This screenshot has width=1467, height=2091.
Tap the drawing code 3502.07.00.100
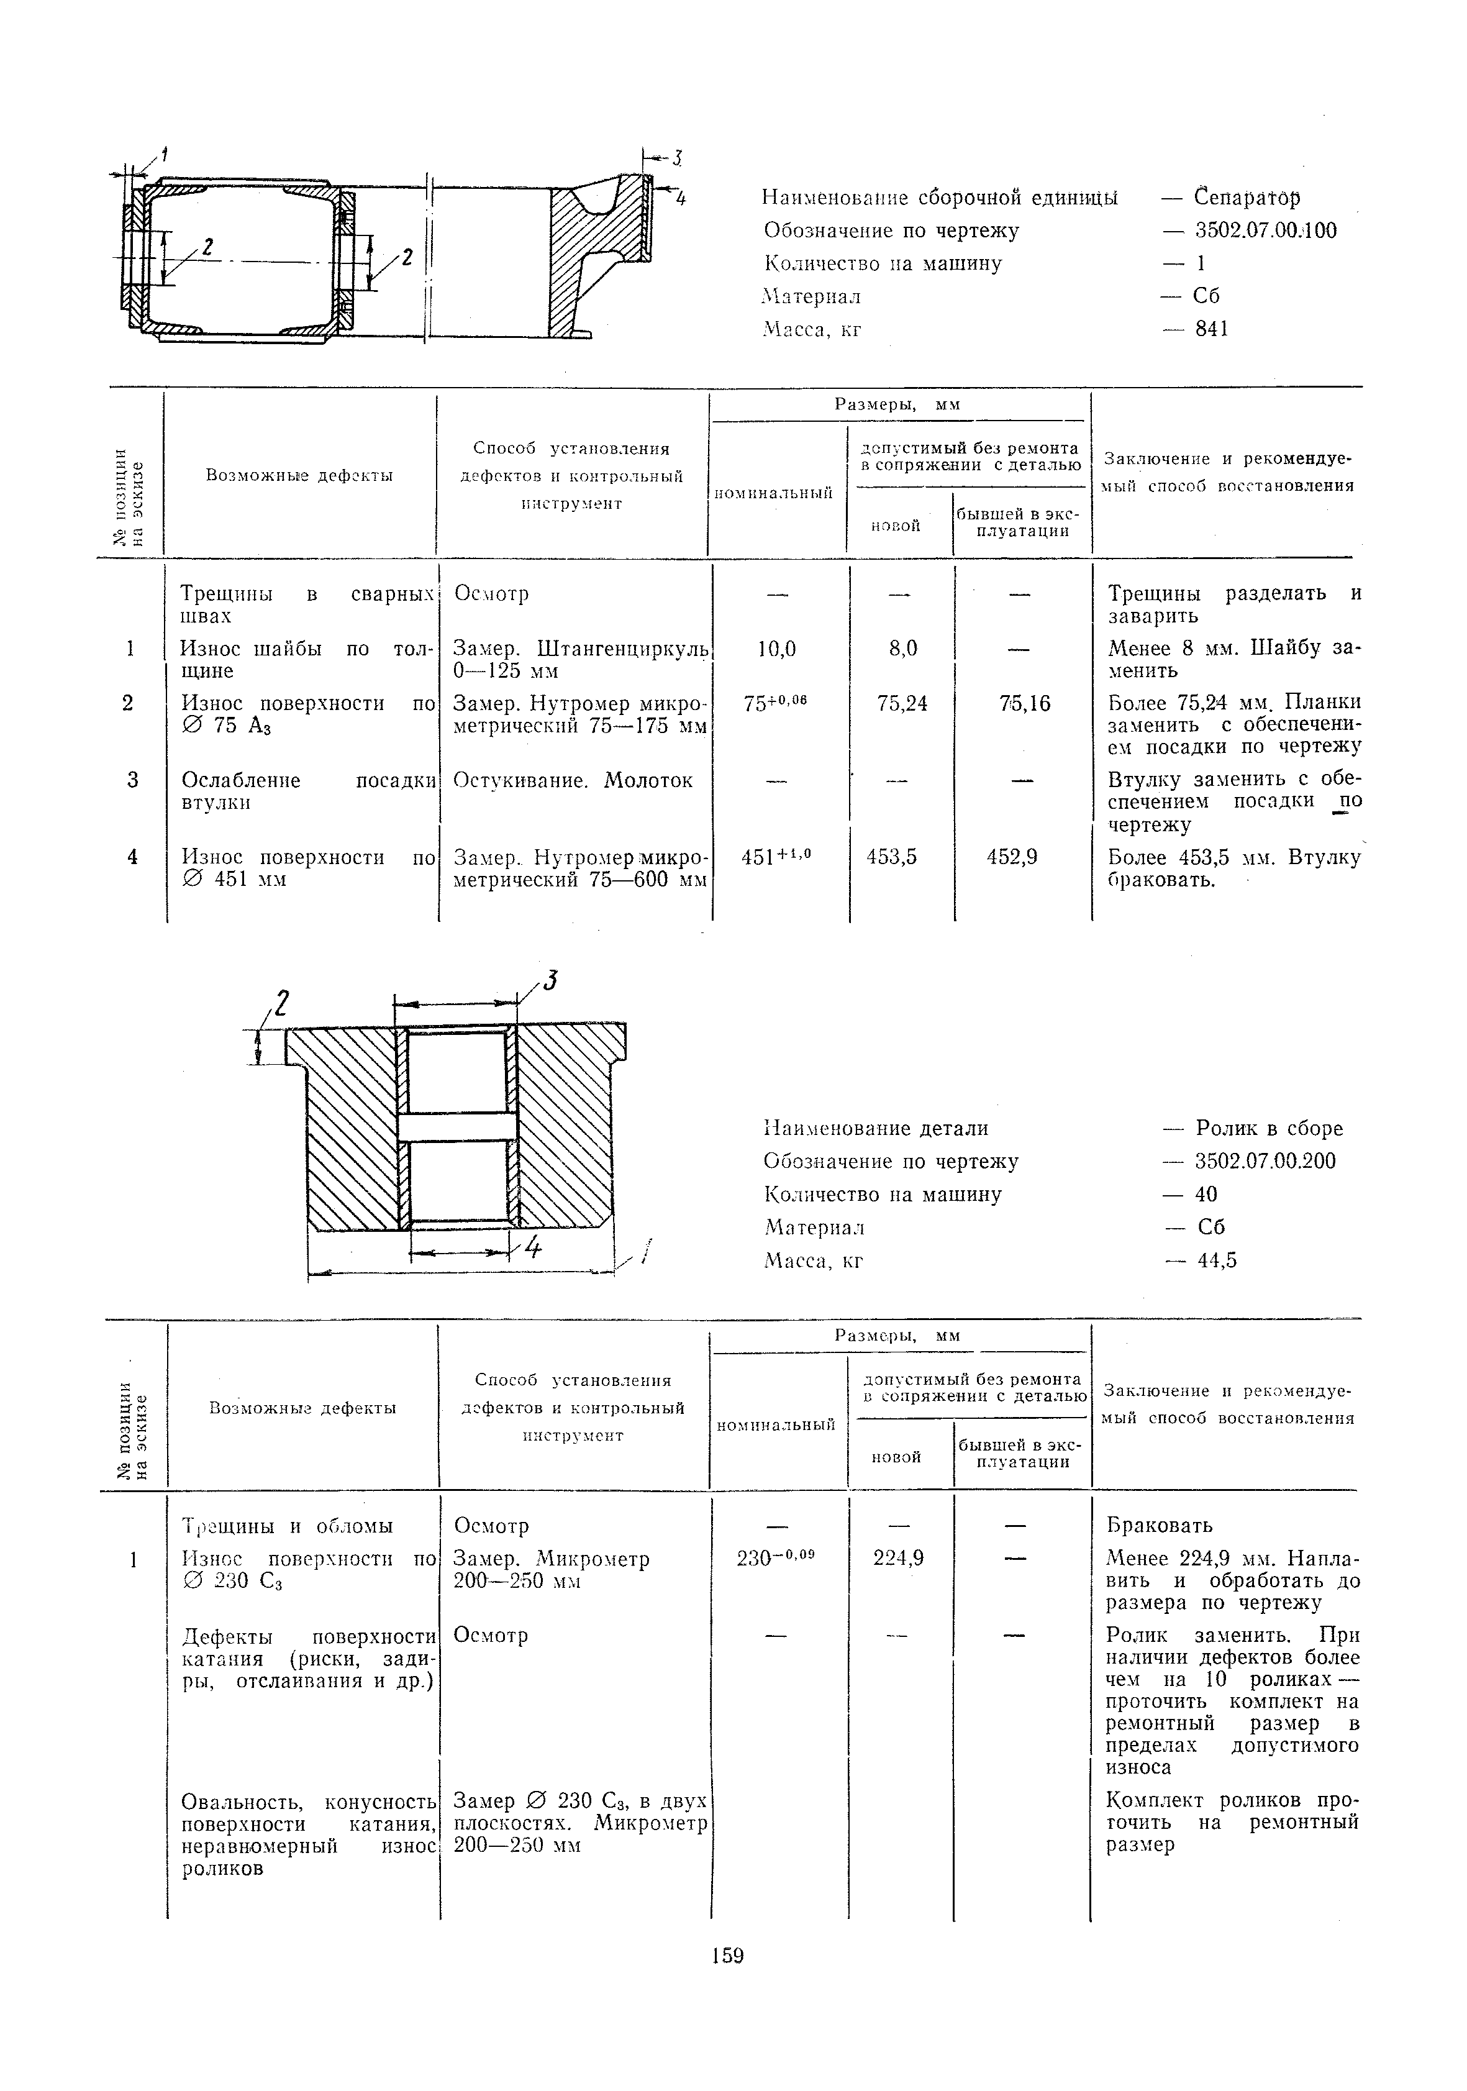point(1265,230)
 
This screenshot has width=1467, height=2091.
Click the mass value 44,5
point(1217,1260)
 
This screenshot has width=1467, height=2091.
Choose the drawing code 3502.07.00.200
point(1265,1161)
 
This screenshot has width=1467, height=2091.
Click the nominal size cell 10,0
point(777,649)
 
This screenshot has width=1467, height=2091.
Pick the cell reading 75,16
point(1024,703)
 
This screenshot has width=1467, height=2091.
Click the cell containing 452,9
point(1012,857)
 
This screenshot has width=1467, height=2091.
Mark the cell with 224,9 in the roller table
point(898,1558)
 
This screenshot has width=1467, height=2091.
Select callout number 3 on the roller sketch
point(550,982)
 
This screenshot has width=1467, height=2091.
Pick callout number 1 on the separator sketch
point(165,153)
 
